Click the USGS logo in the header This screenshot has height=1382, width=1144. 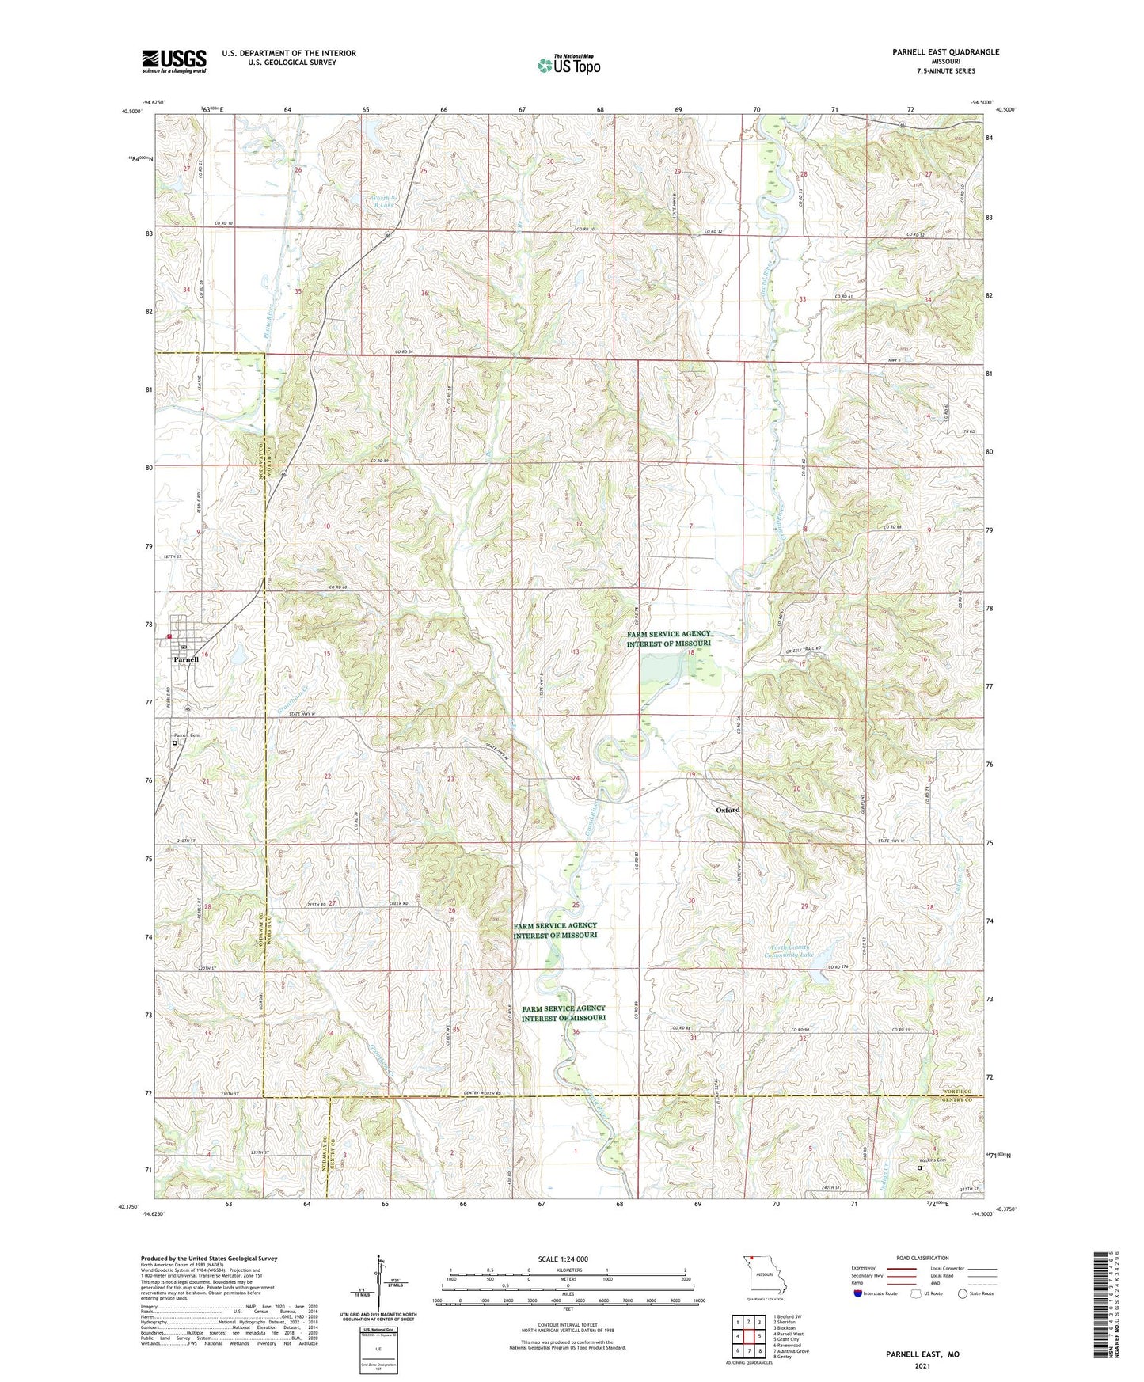click(x=174, y=61)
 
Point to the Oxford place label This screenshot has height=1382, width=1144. click(x=728, y=810)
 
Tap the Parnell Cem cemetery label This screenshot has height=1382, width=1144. click(x=187, y=735)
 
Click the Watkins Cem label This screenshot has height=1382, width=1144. click(x=932, y=1161)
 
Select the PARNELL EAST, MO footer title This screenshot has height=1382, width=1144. click(x=922, y=1354)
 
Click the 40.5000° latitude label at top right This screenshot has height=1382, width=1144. click(x=1003, y=110)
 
